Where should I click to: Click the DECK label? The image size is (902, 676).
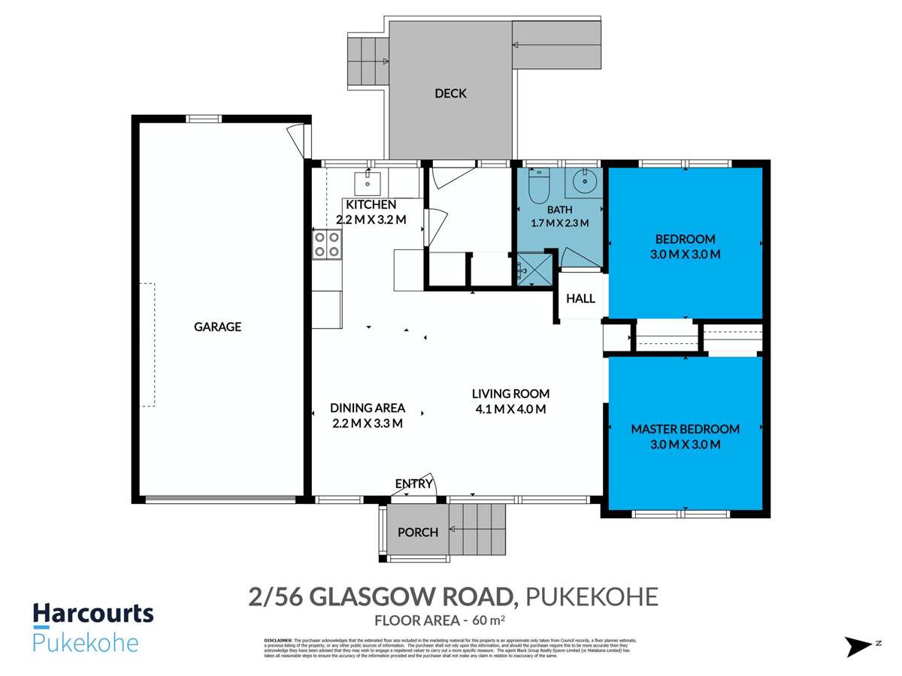pos(450,94)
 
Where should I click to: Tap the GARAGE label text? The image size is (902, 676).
pos(217,327)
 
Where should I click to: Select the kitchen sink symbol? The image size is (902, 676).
pos(368,180)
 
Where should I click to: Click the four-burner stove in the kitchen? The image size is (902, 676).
pos(327,244)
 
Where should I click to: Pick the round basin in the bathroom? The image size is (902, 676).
pos(584,181)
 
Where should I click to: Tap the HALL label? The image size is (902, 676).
pos(580,299)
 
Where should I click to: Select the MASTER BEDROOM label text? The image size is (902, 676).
pos(685,430)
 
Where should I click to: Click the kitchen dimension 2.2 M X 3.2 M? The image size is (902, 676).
pos(371,220)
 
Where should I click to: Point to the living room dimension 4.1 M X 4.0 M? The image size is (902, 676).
pos(510,409)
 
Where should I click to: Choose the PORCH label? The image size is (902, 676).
pos(418,533)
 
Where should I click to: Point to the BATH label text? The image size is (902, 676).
pos(559,210)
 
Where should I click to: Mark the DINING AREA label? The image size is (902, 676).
pos(368,408)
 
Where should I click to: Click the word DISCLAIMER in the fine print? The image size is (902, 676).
pos(277,639)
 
